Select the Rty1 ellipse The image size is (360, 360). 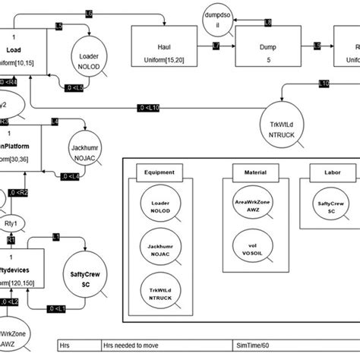[x=11, y=223]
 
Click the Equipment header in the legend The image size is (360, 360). [x=160, y=172]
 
